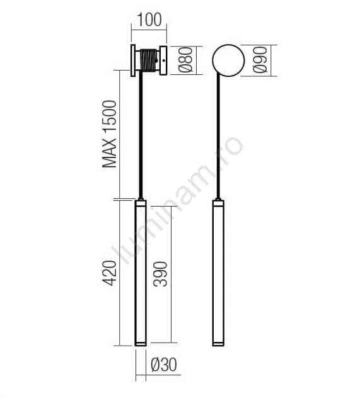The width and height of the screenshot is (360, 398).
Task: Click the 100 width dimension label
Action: pos(149,20)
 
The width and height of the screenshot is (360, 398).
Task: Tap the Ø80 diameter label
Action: pos(186,60)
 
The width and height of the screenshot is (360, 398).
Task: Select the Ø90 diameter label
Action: pos(260,60)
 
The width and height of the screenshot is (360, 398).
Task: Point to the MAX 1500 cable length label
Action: pos(110,134)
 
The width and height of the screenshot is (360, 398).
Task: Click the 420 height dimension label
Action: pos(110,273)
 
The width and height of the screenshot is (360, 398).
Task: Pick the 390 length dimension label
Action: pos(160,274)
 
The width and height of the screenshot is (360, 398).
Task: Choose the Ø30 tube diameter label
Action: pos(164,365)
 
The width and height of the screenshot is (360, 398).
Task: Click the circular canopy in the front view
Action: pos(228,60)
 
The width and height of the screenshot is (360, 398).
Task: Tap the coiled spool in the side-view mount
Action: pos(149,60)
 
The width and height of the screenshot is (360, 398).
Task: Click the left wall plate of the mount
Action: pos(133,60)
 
